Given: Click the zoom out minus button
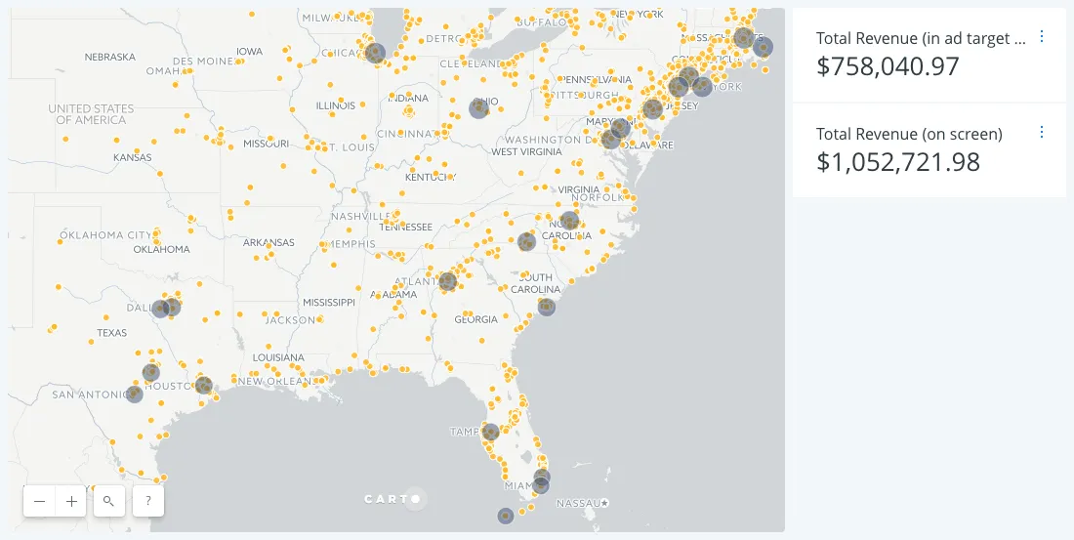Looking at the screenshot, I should point(39,501).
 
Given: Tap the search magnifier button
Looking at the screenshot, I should point(108,501).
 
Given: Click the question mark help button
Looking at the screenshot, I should point(147,501).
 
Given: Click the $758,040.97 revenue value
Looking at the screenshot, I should point(888,66).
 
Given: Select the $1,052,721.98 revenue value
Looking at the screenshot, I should point(897,162).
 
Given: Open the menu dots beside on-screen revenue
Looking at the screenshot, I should point(1041,132).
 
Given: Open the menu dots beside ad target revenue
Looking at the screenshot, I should point(1041,36).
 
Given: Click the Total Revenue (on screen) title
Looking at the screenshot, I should point(909,134).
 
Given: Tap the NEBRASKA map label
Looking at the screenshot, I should point(109,57).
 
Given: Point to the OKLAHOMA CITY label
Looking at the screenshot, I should point(105,235).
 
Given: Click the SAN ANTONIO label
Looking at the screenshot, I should point(90,395).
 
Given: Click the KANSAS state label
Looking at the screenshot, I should point(132,157).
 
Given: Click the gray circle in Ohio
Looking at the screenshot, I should point(478,107).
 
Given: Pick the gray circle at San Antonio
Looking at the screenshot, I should point(134,395).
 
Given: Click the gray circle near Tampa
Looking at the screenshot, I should point(491,432).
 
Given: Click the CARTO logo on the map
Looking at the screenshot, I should point(393,499).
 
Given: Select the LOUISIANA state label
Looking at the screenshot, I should point(278,357).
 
